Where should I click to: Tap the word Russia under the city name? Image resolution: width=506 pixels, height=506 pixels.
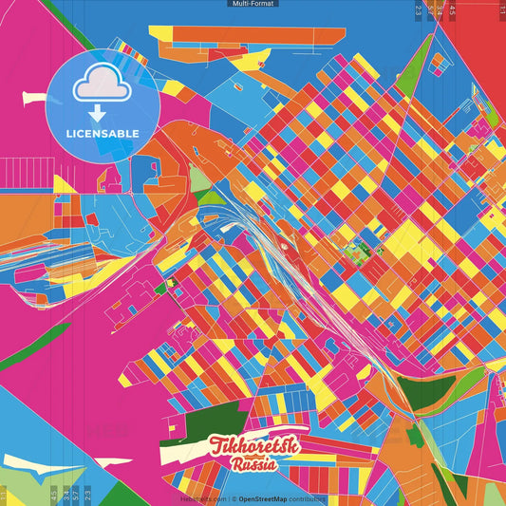tap(253, 464)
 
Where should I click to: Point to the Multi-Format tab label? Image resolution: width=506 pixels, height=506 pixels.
tap(253, 4)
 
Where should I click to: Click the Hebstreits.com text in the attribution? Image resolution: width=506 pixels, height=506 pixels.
tap(201, 498)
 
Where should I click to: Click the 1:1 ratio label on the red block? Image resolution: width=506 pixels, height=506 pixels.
tap(501, 9)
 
